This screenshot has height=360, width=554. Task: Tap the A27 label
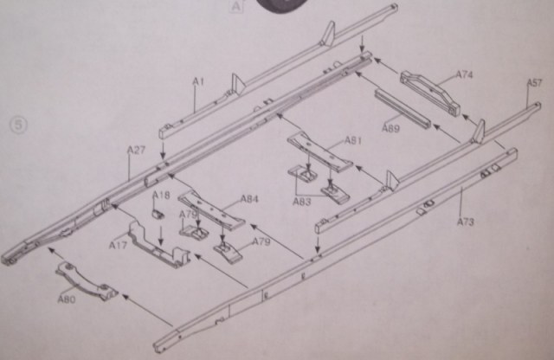136,150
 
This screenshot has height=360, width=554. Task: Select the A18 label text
162,196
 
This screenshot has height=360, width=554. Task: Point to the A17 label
118,244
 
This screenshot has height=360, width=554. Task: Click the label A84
249,199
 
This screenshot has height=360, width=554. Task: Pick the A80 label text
66,299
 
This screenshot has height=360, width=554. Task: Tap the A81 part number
353,139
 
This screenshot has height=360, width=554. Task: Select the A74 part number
464,75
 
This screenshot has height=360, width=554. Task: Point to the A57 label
534,82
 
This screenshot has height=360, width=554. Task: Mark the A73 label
465,222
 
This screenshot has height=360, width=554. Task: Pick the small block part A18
159,212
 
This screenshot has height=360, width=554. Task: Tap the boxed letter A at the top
236,5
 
